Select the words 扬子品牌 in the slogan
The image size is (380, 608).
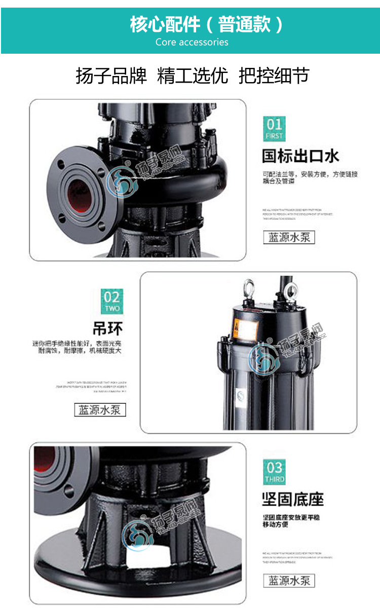[111, 77]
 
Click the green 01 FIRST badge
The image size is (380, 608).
[274, 129]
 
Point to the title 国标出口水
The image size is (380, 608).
[300, 156]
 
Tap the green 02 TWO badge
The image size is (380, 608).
[111, 301]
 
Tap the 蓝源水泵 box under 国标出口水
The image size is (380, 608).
[289, 237]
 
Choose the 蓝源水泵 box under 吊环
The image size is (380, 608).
[100, 409]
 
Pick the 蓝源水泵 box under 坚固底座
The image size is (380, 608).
[289, 581]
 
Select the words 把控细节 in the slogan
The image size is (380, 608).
[273, 77]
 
